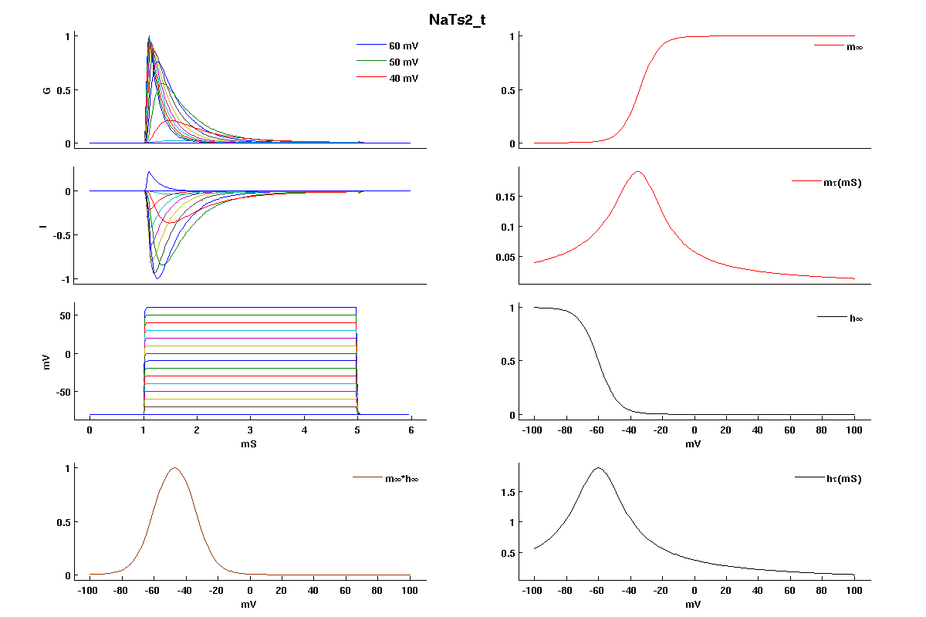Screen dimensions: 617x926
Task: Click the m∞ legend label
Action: click(x=854, y=47)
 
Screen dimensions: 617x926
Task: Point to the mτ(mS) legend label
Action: click(x=843, y=183)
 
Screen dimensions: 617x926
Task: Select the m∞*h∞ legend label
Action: click(x=401, y=479)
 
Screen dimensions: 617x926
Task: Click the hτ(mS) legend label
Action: click(x=843, y=479)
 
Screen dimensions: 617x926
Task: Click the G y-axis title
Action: click(x=47, y=90)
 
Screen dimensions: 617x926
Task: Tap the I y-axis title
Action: click(x=47, y=226)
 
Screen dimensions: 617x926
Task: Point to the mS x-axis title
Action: click(x=250, y=445)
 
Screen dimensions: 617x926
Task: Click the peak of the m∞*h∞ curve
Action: click(x=174, y=468)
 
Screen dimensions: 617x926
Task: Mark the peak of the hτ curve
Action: click(x=598, y=467)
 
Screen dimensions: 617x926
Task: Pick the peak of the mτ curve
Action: click(x=637, y=171)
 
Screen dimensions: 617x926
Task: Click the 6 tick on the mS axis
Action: click(x=411, y=430)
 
